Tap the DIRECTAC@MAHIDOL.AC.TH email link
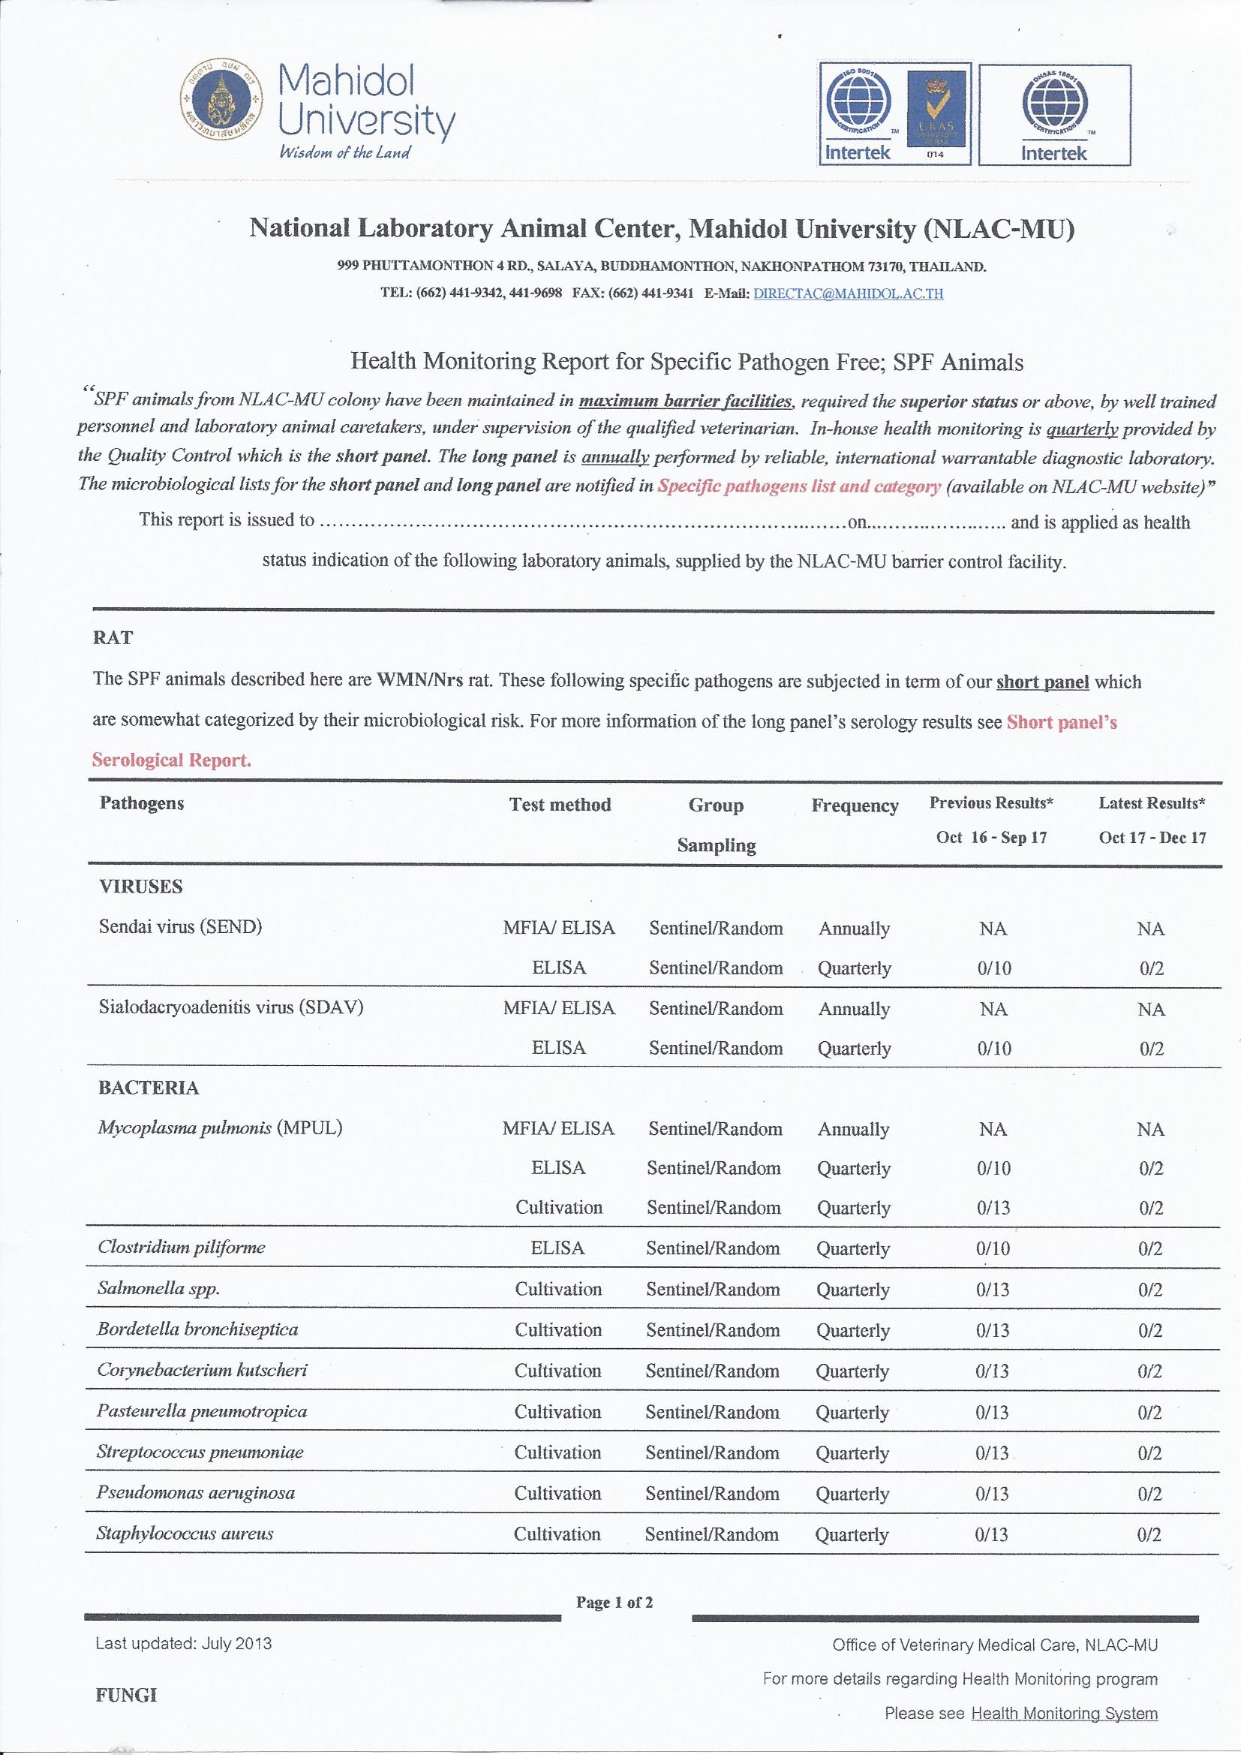tap(849, 294)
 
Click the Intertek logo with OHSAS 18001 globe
tap(1054, 115)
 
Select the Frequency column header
tap(855, 805)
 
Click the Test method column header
tap(560, 804)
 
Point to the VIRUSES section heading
tap(140, 887)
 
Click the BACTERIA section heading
tap(149, 1088)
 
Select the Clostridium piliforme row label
tap(181, 1247)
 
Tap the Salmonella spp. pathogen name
tap(158, 1288)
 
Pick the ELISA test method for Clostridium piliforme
tap(557, 1248)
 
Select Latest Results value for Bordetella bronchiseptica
tap(1150, 1330)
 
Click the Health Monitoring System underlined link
tap(1064, 1713)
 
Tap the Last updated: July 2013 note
tap(183, 1643)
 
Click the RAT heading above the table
tap(113, 637)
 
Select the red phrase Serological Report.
tap(171, 760)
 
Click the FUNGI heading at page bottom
tap(126, 1696)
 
